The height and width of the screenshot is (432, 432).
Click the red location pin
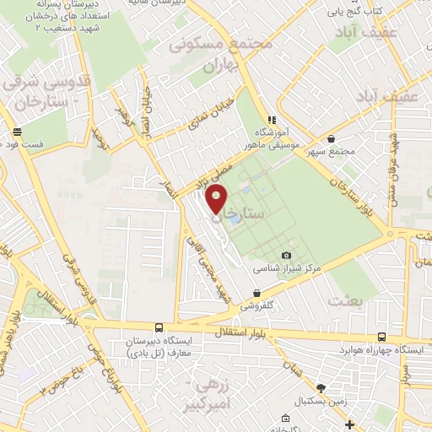click(217, 201)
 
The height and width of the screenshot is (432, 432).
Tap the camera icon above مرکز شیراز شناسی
click(286, 255)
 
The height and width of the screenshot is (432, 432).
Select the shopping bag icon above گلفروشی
click(256, 293)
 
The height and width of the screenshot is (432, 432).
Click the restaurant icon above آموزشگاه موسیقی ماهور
click(271, 120)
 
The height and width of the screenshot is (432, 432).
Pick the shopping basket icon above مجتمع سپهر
click(332, 139)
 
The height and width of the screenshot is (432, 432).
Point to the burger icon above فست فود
click(18, 132)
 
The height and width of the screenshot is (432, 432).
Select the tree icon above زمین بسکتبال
click(320, 387)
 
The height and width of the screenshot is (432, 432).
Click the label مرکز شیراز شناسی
click(283, 269)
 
